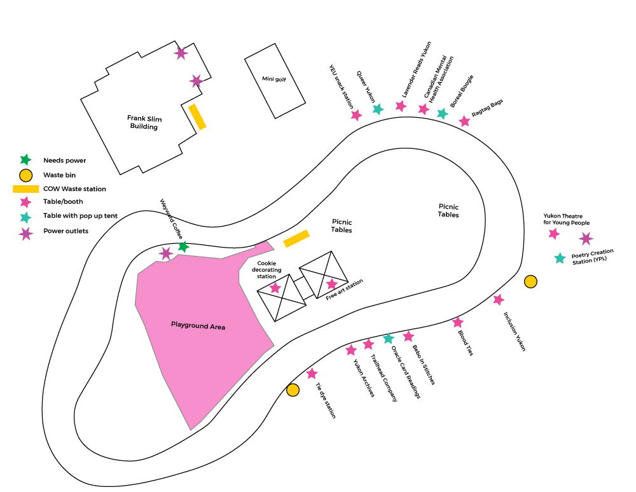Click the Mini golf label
(274, 79)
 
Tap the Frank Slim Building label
(144, 122)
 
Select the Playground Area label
(198, 326)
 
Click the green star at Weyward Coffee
(183, 246)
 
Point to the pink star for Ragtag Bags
(464, 121)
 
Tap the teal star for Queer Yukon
(378, 109)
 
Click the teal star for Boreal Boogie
(443, 114)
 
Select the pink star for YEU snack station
(356, 115)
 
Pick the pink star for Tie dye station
(312, 374)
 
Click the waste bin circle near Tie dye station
(293, 390)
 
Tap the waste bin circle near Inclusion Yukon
(530, 281)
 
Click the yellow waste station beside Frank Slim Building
(197, 117)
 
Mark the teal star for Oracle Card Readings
(389, 338)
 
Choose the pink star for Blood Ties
(458, 322)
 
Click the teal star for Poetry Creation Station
(560, 258)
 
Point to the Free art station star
(332, 284)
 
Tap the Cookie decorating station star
(275, 288)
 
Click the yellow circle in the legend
(26, 176)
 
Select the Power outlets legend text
(66, 231)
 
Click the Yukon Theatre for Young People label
(566, 219)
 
